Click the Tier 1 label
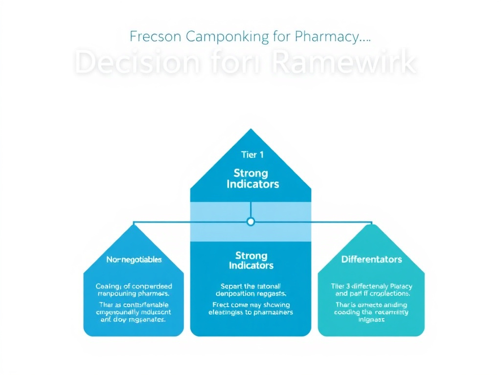pyautogui.click(x=252, y=155)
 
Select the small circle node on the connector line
pyautogui.click(x=250, y=222)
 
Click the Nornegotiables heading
pyautogui.click(x=134, y=260)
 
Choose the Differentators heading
pyautogui.click(x=371, y=259)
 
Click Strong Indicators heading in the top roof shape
pyautogui.click(x=250, y=179)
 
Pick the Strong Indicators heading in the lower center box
pyautogui.click(x=251, y=261)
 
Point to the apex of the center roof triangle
pyautogui.click(x=250, y=130)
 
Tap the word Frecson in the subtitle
pyautogui.click(x=152, y=37)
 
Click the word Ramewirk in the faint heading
pyautogui.click(x=343, y=62)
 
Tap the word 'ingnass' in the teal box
pyautogui.click(x=371, y=320)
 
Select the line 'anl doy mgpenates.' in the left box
pyautogui.click(x=134, y=320)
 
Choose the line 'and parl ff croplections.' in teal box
pyautogui.click(x=371, y=294)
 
